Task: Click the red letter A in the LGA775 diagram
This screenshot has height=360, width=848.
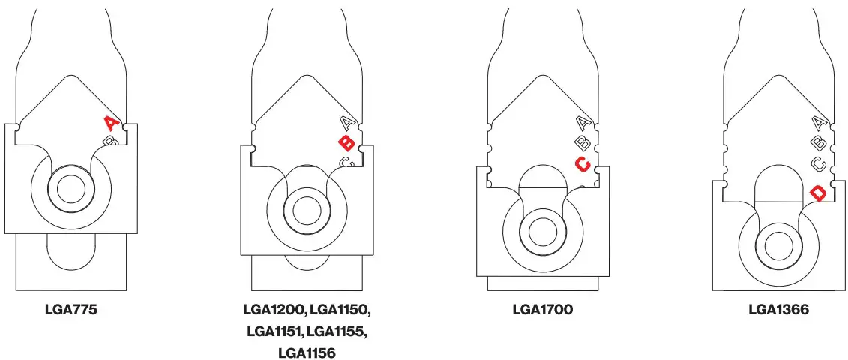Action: (110, 122)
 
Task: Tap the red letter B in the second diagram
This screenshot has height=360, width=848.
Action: (346, 143)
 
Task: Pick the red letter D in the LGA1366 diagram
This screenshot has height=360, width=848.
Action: (818, 193)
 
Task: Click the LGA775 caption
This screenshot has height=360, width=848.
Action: (71, 309)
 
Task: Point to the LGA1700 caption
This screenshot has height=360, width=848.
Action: (543, 309)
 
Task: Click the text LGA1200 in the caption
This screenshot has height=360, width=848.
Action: (274, 309)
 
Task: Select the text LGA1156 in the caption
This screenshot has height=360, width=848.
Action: (307, 352)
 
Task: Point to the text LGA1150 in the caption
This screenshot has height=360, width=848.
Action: (340, 309)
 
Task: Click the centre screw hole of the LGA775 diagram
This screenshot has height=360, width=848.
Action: (72, 188)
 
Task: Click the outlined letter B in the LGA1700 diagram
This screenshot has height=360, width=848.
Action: (583, 142)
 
